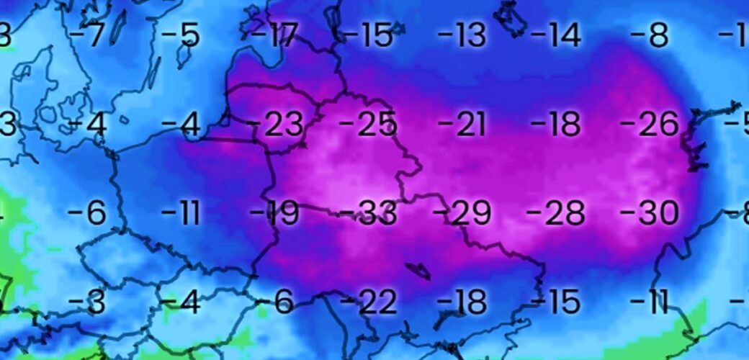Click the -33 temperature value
[367, 212]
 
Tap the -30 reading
[649, 212]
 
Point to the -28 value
[555, 214]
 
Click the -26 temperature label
[649, 125]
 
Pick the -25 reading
[367, 125]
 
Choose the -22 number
[367, 302]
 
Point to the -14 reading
[555, 35]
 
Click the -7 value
[88, 35]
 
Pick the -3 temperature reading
[88, 302]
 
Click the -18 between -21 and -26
[555, 125]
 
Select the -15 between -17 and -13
[367, 35]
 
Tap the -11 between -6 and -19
[181, 212]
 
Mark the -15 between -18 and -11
[555, 302]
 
